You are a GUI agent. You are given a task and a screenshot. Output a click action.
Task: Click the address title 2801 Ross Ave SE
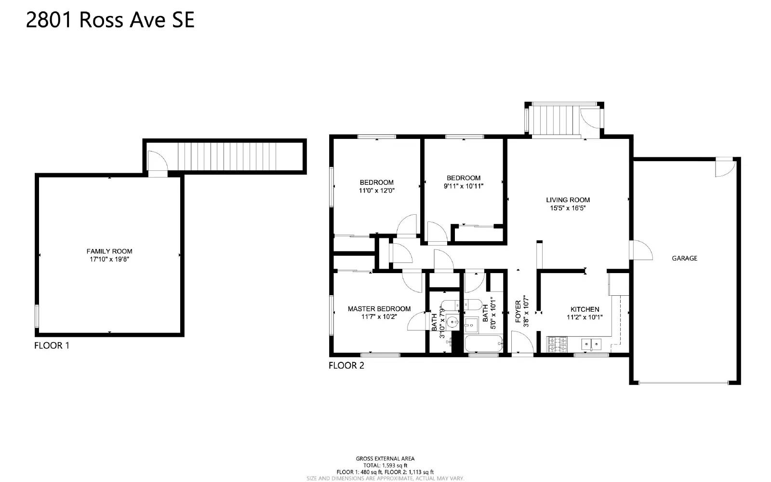110,20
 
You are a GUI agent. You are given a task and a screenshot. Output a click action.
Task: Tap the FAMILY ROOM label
109,251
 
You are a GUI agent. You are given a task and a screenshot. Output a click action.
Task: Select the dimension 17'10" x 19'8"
109,260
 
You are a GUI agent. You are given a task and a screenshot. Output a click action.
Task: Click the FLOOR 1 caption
52,345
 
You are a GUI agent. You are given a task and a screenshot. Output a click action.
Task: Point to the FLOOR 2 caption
346,365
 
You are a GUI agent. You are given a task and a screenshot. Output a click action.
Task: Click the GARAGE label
684,258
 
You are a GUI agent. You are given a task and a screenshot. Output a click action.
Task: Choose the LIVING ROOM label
568,200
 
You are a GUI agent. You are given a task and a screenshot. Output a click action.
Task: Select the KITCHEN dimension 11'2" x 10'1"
585,317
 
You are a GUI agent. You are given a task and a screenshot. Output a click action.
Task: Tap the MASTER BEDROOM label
379,309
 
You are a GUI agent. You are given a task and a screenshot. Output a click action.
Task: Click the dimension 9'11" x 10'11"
463,186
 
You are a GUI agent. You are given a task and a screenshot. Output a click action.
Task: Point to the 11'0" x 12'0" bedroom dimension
376,191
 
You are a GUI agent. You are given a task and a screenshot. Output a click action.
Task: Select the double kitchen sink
590,344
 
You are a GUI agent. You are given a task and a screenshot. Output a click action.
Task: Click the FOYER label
518,312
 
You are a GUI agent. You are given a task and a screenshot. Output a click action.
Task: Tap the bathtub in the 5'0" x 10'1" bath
483,345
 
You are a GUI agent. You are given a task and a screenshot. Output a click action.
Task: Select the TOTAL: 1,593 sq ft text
385,465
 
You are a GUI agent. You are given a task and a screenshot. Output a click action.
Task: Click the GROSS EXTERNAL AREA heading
385,458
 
